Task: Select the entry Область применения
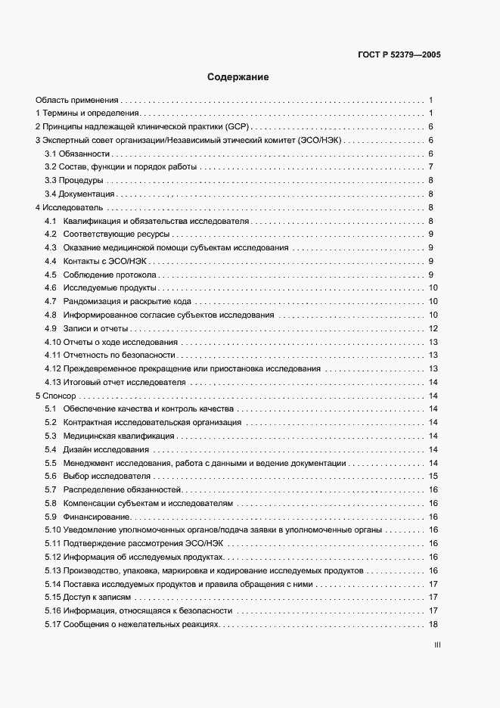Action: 77,100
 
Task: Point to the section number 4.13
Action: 52,382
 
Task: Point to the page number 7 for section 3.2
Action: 430,166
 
